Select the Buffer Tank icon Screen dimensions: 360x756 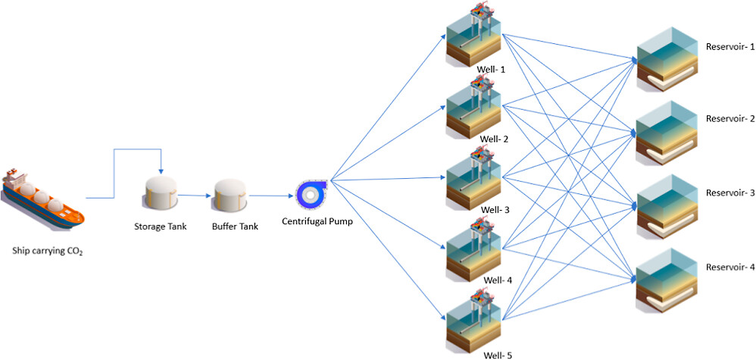click(230, 196)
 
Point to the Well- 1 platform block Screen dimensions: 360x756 click(473, 38)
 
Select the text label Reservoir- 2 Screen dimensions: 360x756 click(730, 119)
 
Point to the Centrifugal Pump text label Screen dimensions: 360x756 click(317, 222)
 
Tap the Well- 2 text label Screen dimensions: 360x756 click(494, 139)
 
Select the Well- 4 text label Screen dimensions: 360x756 click(498, 280)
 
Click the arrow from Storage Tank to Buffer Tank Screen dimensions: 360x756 click(195, 195)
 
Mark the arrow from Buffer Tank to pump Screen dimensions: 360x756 click(270, 196)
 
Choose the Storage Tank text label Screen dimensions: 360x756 click(160, 226)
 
